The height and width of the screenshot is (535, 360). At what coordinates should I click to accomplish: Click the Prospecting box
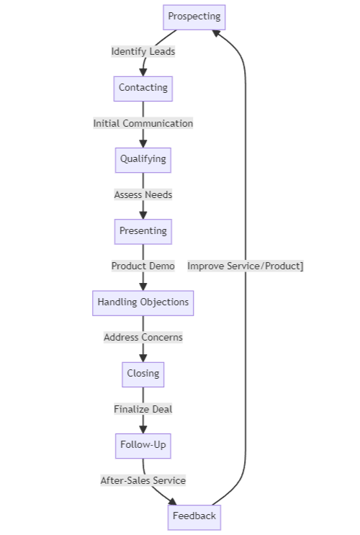(194, 17)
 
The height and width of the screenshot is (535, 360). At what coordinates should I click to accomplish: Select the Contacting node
(143, 88)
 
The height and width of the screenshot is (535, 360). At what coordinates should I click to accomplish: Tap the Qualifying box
(143, 159)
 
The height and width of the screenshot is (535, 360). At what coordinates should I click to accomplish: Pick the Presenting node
(143, 231)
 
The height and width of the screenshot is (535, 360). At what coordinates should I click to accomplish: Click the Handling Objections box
(143, 302)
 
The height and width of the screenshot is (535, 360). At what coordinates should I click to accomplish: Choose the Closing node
(143, 374)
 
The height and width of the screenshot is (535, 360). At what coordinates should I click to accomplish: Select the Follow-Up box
(143, 445)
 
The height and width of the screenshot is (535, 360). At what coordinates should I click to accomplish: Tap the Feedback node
(194, 516)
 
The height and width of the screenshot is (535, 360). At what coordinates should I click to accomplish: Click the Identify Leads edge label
(143, 52)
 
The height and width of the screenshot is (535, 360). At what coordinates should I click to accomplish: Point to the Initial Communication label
(143, 123)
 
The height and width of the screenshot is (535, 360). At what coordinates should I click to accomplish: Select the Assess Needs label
(143, 194)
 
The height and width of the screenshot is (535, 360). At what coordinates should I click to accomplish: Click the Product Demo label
(143, 266)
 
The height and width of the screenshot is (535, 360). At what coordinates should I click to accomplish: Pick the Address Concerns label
(143, 337)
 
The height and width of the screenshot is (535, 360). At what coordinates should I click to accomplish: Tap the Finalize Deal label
(143, 409)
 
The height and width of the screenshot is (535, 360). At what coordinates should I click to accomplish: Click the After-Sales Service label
(143, 480)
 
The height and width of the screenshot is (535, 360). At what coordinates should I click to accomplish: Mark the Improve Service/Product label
(245, 266)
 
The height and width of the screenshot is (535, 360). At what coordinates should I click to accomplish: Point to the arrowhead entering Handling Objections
(143, 287)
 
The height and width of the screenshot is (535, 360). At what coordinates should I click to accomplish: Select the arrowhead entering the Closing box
(143, 358)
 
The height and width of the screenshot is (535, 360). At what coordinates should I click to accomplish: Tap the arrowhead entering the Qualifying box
(143, 143)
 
